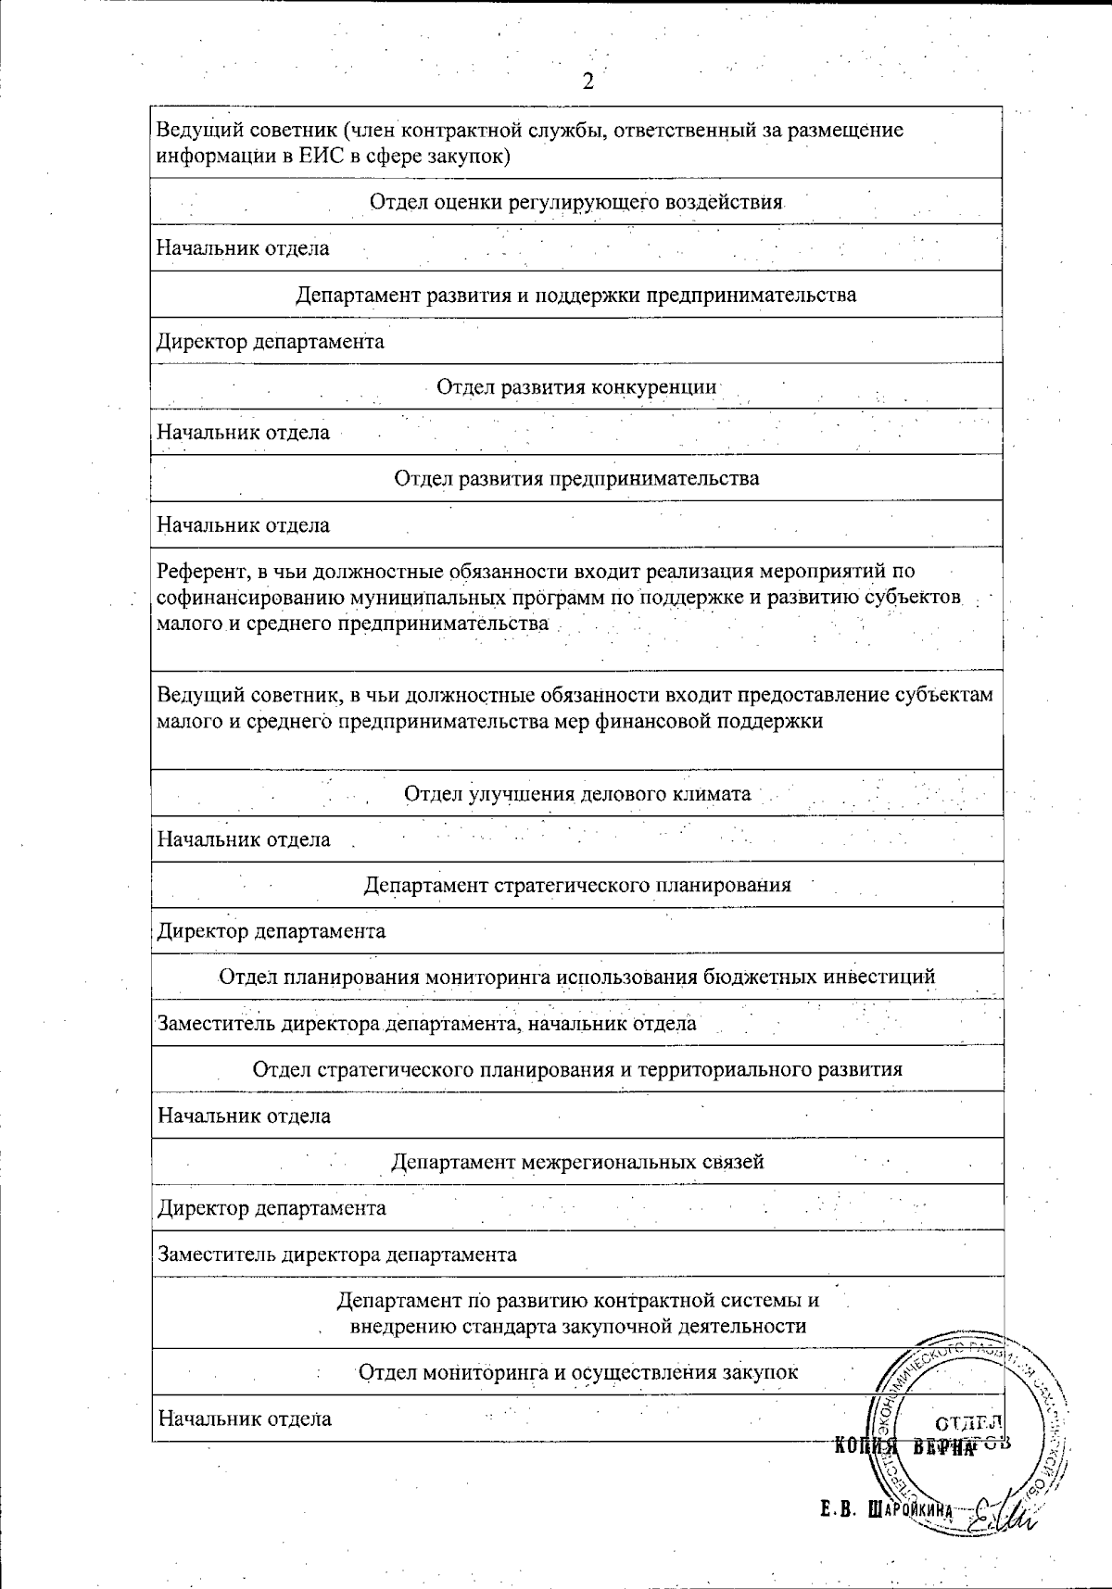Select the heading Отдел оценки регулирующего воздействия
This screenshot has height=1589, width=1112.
tap(576, 202)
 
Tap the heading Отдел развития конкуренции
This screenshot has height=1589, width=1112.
tap(576, 386)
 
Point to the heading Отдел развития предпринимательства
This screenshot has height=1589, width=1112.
tap(576, 478)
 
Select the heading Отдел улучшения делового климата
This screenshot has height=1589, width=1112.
tap(576, 793)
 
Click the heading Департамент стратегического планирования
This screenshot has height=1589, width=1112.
tap(576, 885)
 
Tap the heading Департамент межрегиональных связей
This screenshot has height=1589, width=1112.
tap(576, 1162)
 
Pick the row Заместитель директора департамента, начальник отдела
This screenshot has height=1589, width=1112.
tap(426, 1024)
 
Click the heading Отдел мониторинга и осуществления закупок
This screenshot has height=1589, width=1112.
tap(576, 1372)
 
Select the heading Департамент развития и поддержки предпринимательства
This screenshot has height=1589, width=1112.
tap(576, 295)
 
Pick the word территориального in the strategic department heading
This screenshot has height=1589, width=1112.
tap(729, 1069)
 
